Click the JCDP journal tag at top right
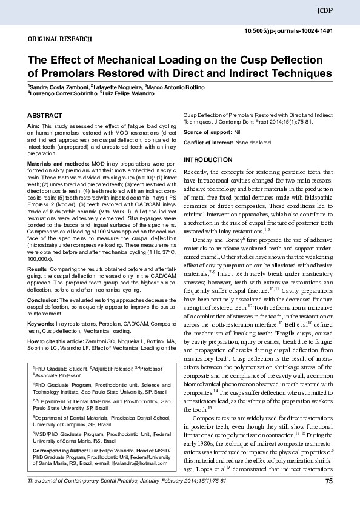(342, 11)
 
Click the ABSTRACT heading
(45, 115)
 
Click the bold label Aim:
(33, 125)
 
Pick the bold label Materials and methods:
(57, 164)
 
